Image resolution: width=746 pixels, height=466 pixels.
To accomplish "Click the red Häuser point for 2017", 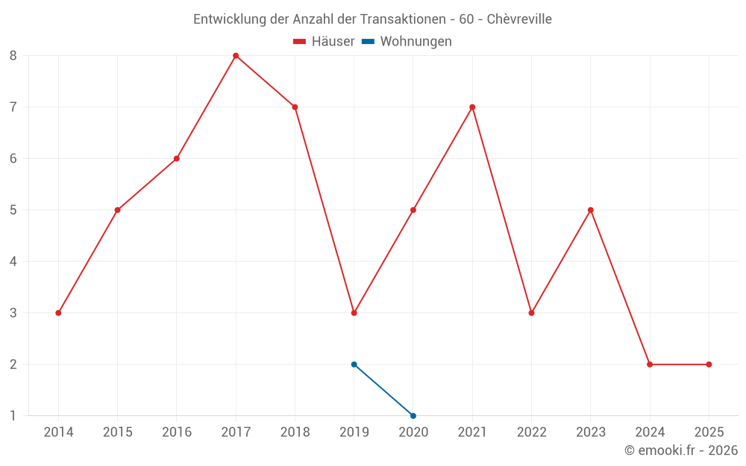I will point(236,56).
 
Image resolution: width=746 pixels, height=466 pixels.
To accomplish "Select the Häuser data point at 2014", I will point(58,313).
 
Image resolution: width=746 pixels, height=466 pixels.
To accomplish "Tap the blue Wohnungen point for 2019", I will point(354,365).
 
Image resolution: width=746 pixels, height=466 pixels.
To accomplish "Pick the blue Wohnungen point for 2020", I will point(413,416).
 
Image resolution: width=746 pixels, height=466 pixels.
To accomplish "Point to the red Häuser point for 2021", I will point(472,107).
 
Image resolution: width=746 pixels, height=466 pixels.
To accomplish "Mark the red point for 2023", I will point(591,210).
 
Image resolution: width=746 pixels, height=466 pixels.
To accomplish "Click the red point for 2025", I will point(709,365).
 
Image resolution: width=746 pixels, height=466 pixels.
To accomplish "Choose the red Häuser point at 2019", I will point(354,313).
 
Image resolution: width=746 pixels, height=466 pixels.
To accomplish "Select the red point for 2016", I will point(177,159).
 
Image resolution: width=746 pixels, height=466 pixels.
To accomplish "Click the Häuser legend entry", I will point(325,42).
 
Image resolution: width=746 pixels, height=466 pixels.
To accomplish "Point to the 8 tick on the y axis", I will point(13,56).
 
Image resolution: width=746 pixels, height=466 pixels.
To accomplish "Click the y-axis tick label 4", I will point(13,262).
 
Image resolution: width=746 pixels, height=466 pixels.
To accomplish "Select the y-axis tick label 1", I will point(13,416).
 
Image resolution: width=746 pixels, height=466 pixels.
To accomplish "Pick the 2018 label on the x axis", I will point(295,432).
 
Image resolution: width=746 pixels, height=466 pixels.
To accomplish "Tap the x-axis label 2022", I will point(531,432).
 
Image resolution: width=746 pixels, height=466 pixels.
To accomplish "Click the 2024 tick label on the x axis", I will point(650,432).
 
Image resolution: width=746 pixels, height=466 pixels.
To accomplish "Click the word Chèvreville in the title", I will point(519,19).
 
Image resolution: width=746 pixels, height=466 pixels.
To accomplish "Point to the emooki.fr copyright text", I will point(681,450).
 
